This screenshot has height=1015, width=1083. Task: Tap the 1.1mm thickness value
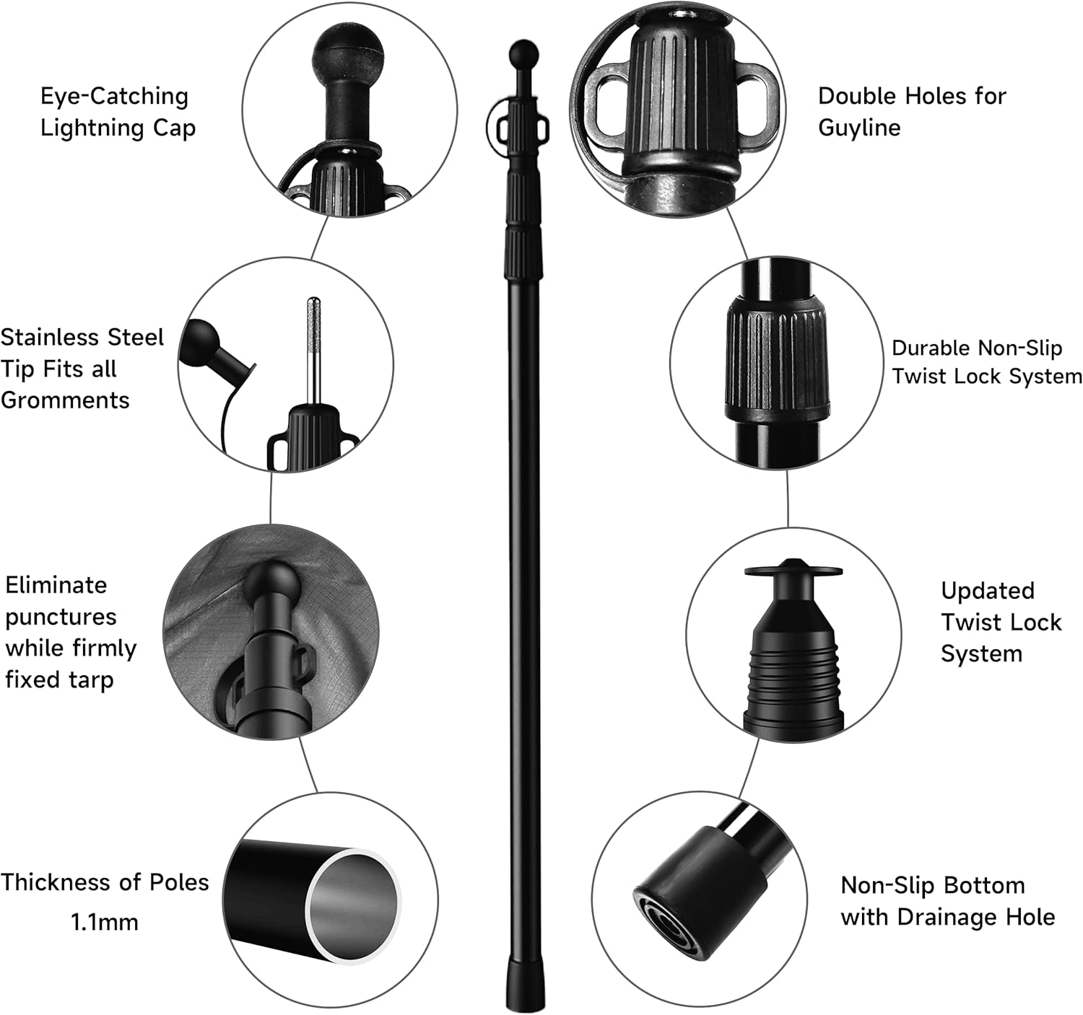pyautogui.click(x=104, y=922)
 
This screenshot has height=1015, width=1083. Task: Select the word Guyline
pyautogui.click(x=859, y=128)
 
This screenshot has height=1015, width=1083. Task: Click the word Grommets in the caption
pyautogui.click(x=65, y=400)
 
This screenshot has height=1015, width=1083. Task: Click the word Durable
pyautogui.click(x=931, y=348)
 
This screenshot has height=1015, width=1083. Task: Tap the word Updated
pyautogui.click(x=987, y=591)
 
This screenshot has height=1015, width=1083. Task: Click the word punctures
pyautogui.click(x=61, y=618)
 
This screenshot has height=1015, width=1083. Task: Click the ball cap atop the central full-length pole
pyautogui.click(x=523, y=53)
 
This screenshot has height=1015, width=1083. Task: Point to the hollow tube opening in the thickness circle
pyautogui.click(x=352, y=906)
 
